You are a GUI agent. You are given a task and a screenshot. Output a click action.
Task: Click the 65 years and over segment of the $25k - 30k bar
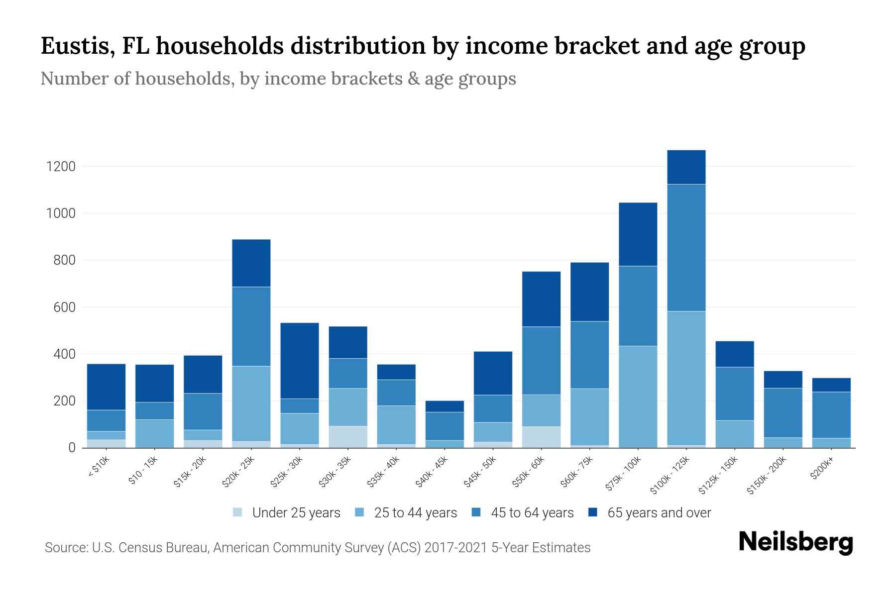[x=300, y=361]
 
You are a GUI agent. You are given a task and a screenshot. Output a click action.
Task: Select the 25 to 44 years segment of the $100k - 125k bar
[x=686, y=378]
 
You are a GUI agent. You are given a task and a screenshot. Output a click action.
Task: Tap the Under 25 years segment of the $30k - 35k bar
[x=348, y=437]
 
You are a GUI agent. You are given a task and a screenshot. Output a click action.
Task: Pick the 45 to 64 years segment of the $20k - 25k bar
[x=251, y=326]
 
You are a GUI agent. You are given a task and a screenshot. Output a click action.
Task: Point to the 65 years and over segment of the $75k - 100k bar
[x=638, y=234]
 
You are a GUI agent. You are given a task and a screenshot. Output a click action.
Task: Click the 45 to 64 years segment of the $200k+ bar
[x=831, y=415]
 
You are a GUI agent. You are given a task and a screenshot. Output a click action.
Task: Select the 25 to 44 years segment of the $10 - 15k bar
[x=155, y=433]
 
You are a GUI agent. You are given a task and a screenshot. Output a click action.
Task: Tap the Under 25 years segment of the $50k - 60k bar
[x=541, y=437]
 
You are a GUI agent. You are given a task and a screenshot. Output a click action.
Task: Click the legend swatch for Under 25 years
[x=238, y=512]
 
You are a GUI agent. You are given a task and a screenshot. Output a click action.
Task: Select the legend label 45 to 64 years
[x=532, y=512]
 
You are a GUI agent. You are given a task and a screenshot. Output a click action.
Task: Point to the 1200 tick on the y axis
[x=61, y=167]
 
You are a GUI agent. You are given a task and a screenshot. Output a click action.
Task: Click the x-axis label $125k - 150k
[x=719, y=476]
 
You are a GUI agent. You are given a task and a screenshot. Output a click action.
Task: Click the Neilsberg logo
[x=795, y=542]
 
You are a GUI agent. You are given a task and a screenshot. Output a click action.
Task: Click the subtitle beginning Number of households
[x=278, y=79]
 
